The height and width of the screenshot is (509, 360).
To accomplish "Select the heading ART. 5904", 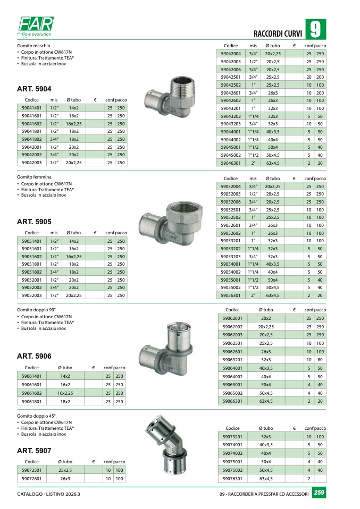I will (x=34, y=89).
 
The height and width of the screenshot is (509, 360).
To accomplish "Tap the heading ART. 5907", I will (x=34, y=451).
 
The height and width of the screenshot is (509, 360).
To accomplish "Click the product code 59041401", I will (x=32, y=107).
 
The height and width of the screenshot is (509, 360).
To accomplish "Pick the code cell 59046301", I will (x=231, y=163).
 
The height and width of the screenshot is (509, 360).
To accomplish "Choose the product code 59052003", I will (x=32, y=296).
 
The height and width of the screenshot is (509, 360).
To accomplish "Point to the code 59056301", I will (x=231, y=295).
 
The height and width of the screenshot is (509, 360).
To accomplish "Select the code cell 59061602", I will (x=32, y=393).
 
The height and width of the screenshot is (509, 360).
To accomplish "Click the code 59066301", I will (x=232, y=401).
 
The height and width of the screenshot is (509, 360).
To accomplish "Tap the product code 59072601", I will (x=32, y=479).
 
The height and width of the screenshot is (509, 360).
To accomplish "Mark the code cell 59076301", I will (x=232, y=479).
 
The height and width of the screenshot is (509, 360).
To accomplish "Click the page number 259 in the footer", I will (x=319, y=494).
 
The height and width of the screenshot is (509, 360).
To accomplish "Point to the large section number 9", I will (x=315, y=30).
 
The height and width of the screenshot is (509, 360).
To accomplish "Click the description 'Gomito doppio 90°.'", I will (x=37, y=310).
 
